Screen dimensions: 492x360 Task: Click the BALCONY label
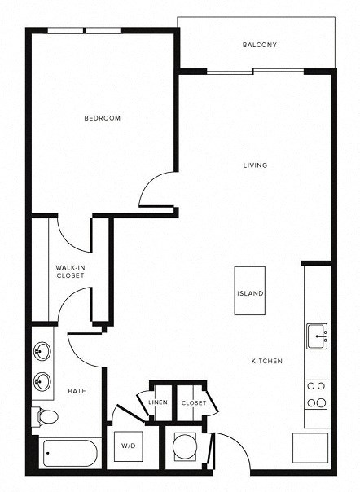pos(259,45)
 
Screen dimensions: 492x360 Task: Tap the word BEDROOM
pos(103,118)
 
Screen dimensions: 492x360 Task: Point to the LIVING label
pos(255,165)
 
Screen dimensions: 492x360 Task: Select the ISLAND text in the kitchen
pos(249,293)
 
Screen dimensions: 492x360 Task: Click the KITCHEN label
pos(266,361)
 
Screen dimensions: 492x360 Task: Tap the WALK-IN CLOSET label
pos(70,271)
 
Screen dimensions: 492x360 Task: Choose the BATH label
pos(77,391)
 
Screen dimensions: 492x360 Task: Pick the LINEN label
pos(157,402)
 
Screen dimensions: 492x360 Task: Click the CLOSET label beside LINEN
pos(193,402)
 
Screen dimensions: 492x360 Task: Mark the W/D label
pos(129,446)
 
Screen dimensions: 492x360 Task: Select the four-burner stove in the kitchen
pos(315,394)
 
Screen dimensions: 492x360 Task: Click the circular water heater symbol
pos(185,446)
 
